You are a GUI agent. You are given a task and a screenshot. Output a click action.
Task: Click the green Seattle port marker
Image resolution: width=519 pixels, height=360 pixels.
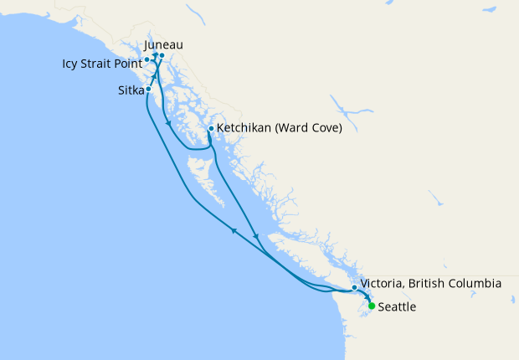372,306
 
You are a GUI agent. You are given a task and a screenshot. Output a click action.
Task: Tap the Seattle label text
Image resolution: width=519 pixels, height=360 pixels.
397,307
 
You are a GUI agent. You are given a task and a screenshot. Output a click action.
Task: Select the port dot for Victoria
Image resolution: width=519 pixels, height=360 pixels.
355,288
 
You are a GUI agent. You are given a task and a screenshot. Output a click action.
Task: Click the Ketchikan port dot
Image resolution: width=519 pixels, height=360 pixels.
210,129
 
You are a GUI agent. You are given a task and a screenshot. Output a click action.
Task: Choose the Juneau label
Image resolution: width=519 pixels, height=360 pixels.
163,44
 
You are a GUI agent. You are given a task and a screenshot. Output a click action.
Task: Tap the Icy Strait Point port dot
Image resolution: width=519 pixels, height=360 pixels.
146,59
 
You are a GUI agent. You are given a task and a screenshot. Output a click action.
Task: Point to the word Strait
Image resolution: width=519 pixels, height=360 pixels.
99,63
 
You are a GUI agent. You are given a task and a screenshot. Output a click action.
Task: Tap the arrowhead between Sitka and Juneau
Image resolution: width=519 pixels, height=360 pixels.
154,76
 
